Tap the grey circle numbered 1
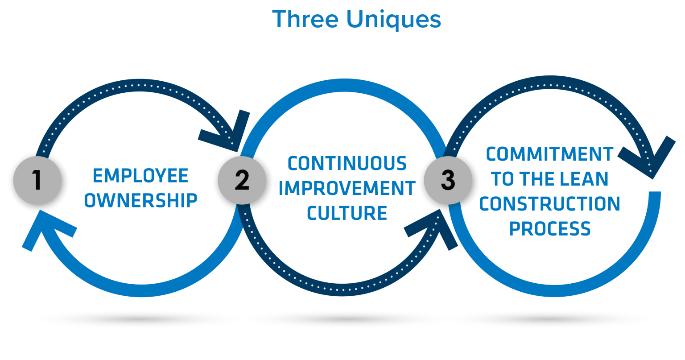coord(37,181)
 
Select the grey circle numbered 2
coord(242,180)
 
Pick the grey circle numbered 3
coord(448,180)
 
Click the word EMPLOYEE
coord(140,176)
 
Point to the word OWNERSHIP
coord(140,201)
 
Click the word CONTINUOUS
coord(347,163)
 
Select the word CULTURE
coord(347,213)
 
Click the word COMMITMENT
coord(549,154)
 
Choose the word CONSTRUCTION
coord(549,204)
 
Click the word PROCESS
coord(549,229)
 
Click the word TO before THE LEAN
coord(503,179)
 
